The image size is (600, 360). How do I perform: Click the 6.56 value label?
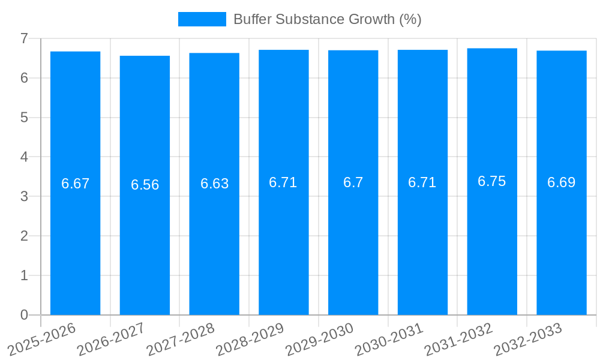(x=145, y=185)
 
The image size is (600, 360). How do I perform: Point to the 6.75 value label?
(x=492, y=181)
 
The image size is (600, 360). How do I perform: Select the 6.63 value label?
(x=214, y=184)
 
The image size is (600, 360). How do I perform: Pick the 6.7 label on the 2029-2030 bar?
(x=353, y=182)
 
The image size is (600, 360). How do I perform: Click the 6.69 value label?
(x=561, y=182)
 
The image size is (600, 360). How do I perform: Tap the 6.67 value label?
(x=75, y=184)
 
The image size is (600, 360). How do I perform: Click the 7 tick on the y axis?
(x=24, y=38)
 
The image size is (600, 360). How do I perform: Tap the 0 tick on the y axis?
(x=24, y=315)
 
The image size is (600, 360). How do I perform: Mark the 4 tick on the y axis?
(x=24, y=157)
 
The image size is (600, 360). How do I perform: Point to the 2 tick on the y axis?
(x=24, y=236)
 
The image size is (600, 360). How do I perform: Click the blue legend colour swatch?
(x=202, y=19)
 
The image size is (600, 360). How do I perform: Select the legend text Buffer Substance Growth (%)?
(x=327, y=19)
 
